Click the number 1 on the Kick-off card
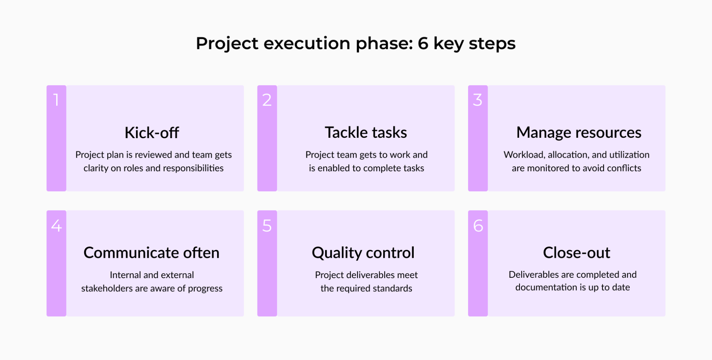(x=56, y=100)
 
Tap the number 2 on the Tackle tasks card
(x=267, y=100)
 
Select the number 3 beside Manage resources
(x=478, y=100)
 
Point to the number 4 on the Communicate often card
(x=56, y=226)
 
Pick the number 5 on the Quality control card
(x=267, y=226)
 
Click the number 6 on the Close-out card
(x=478, y=226)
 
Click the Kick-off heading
(x=152, y=133)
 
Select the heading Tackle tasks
(x=366, y=133)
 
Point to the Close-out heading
(x=576, y=253)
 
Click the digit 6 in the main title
(x=423, y=43)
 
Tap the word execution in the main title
(x=307, y=43)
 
